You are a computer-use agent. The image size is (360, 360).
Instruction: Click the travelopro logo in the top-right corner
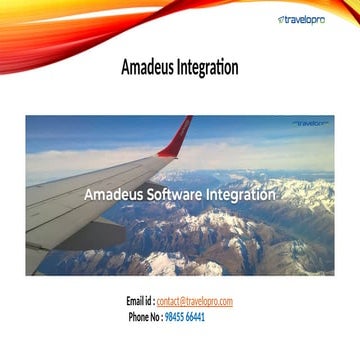tap(309, 18)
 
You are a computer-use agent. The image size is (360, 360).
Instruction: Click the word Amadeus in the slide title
tap(147, 69)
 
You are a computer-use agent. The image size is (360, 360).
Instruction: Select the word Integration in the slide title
tap(207, 69)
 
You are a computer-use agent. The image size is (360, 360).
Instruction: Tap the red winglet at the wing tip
tap(177, 136)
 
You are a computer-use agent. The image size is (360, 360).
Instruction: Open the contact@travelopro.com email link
tap(194, 301)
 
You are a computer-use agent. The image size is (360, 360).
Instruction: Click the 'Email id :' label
tap(139, 301)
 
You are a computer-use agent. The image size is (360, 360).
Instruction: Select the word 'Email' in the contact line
tap(135, 301)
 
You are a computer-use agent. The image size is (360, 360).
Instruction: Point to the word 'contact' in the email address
tap(167, 301)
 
